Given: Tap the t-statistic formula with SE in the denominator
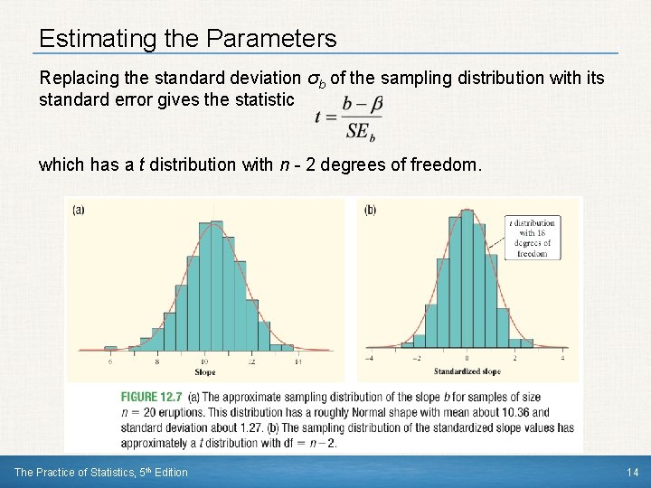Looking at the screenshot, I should (350, 117).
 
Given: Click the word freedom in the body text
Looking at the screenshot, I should (448, 165).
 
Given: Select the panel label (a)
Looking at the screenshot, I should (79, 210).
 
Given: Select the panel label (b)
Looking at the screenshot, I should (371, 210).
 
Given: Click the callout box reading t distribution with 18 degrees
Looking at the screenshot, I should (533, 238).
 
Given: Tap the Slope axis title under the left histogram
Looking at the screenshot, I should (204, 372).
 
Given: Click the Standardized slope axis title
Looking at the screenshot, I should (467, 371).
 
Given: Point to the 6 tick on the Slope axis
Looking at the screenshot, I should (110, 361).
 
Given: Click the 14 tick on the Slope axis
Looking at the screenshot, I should (297, 361).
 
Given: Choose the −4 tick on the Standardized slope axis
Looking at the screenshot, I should (369, 359).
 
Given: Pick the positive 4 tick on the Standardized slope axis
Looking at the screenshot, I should (563, 359).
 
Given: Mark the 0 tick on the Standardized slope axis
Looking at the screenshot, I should (466, 359).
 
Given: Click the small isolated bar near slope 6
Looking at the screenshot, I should (110, 348).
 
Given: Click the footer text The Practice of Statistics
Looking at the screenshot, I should (81, 472).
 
